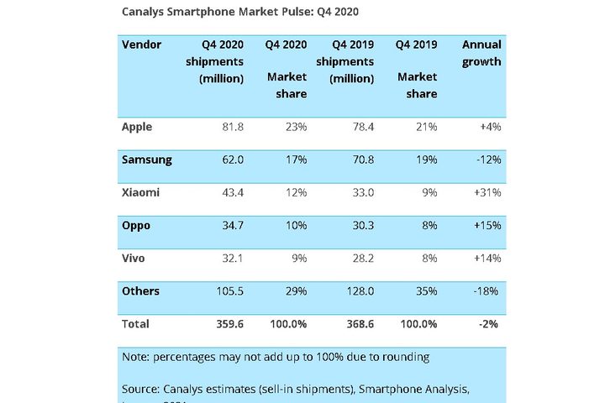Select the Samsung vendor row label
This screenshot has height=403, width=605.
click(147, 160)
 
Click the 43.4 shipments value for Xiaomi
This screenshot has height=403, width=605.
click(231, 192)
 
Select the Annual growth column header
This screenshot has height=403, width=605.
click(481, 53)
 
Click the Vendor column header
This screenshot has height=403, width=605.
click(141, 44)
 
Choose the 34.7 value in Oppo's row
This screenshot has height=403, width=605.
click(231, 226)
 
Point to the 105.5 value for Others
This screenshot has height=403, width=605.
click(228, 291)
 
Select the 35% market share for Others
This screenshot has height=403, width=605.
click(424, 291)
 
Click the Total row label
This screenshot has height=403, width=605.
click(136, 323)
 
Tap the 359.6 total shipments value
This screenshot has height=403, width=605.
click(228, 323)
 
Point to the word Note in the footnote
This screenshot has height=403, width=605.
click(136, 357)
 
